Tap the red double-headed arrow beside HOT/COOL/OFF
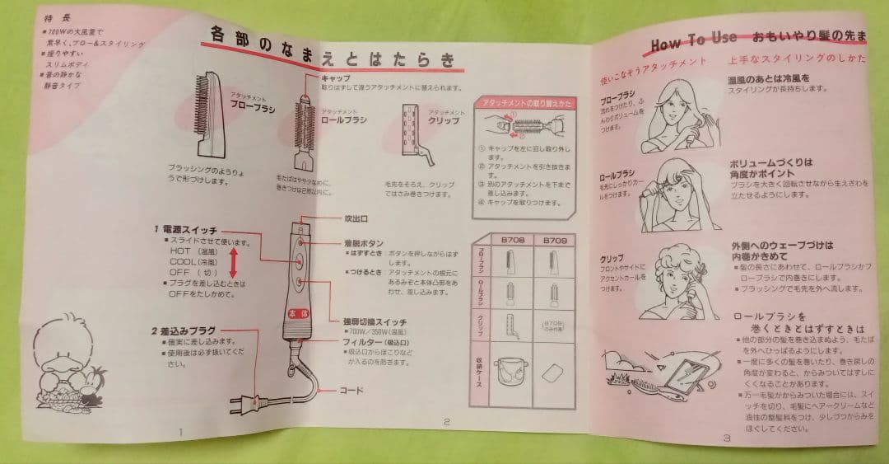tap(234, 263)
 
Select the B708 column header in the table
tap(509, 241)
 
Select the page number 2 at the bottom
tap(445, 421)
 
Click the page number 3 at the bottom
tap(726, 438)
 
